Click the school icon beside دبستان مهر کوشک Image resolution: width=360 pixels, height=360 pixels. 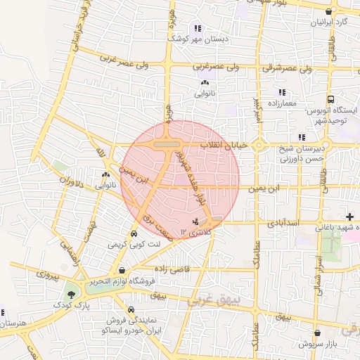197,29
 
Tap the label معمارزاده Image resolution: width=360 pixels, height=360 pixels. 283,103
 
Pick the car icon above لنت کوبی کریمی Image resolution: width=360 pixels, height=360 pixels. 134,234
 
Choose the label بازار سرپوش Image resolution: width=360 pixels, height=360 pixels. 318,344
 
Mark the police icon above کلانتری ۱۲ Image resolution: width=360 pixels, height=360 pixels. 195,222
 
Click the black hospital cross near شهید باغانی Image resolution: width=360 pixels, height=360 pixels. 349,216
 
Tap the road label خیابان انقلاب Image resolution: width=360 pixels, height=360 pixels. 226,145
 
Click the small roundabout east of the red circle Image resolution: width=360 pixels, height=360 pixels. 258,146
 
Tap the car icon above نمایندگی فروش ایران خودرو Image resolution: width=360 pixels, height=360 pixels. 131,309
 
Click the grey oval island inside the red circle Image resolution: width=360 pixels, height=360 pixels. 166,144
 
